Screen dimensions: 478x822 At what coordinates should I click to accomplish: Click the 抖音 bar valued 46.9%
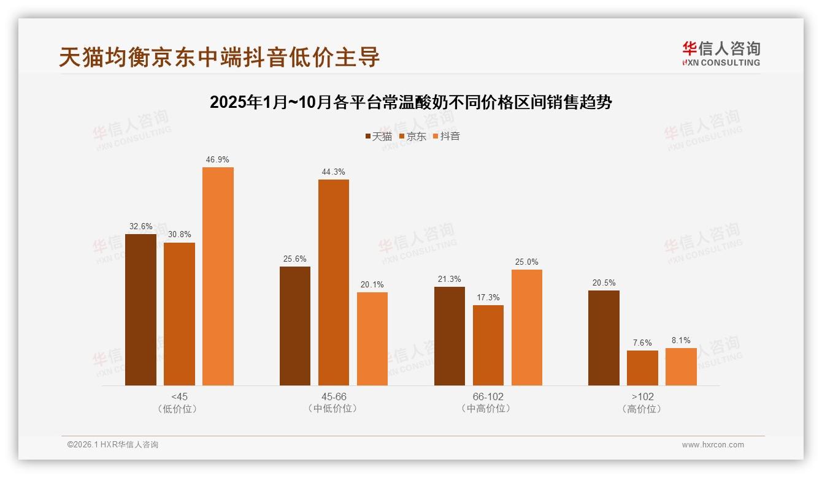218,276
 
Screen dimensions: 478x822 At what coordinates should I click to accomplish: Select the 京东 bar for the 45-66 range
333,283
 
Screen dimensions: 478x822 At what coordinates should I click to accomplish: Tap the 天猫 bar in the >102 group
604,338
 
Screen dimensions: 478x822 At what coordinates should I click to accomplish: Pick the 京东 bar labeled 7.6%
642,368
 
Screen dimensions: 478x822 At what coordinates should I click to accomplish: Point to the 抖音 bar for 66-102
527,328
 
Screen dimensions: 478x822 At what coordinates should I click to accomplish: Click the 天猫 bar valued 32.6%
140,310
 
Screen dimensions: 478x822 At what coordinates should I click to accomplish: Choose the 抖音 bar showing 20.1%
372,339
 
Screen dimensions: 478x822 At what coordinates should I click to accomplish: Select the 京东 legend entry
412,136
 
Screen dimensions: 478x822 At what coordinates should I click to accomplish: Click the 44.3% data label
333,172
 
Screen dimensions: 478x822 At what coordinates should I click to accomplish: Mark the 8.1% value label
681,341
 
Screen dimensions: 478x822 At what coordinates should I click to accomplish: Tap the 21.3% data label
450,279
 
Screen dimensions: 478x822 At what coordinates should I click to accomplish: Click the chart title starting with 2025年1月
411,102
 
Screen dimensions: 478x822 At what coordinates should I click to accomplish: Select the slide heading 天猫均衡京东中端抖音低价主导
220,57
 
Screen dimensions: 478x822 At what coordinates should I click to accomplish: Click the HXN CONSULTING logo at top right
721,53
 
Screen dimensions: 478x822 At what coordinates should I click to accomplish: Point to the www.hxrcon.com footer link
713,445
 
